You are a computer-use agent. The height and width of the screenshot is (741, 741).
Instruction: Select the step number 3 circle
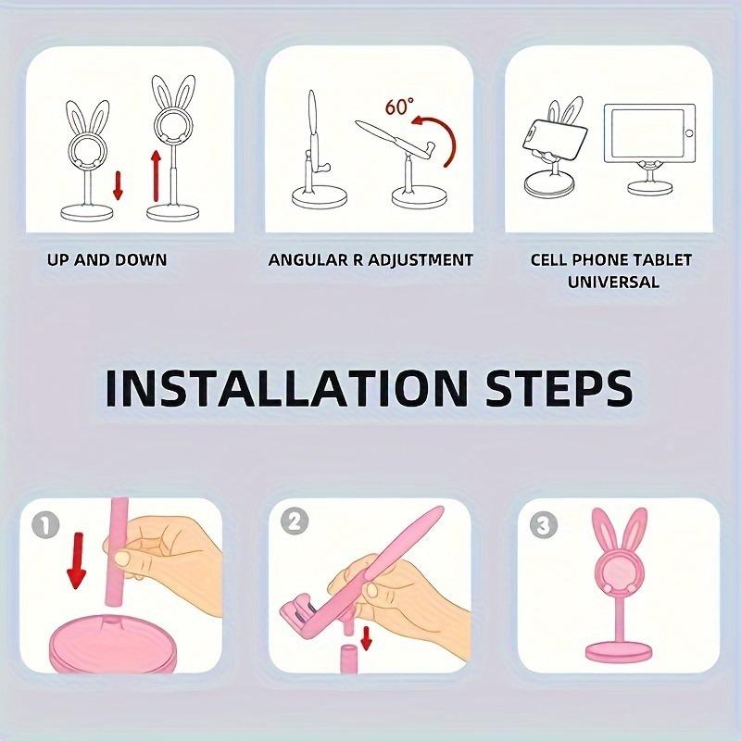tap(540, 527)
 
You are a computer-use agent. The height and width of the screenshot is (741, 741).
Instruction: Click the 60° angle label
tap(399, 107)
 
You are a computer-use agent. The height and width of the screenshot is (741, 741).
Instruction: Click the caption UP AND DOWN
tap(107, 260)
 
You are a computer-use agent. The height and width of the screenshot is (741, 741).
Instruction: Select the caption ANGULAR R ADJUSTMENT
tap(370, 260)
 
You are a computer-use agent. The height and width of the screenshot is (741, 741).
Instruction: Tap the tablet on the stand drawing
tap(647, 134)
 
